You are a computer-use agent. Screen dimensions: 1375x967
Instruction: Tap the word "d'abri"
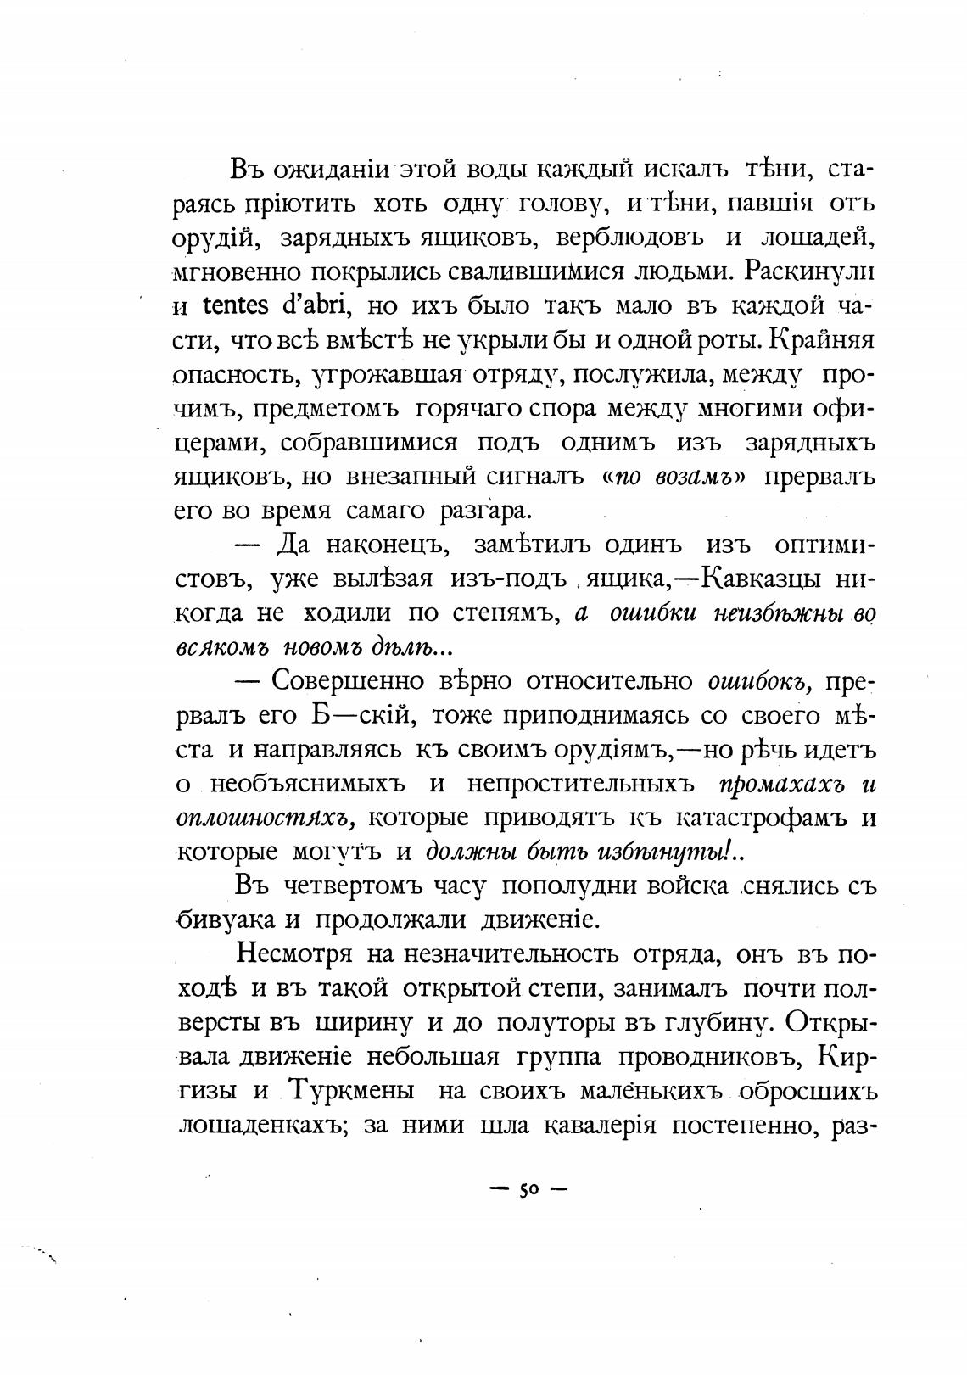click(316, 305)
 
